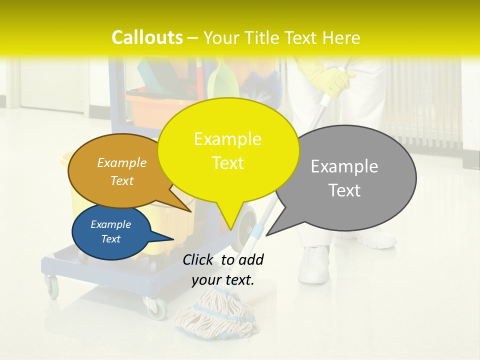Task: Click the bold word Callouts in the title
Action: (x=147, y=37)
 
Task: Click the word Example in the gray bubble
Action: (x=344, y=166)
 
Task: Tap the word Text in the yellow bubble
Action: (x=228, y=163)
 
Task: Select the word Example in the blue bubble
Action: (x=110, y=224)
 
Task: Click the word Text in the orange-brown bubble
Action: (x=122, y=181)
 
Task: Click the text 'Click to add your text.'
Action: (x=223, y=270)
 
